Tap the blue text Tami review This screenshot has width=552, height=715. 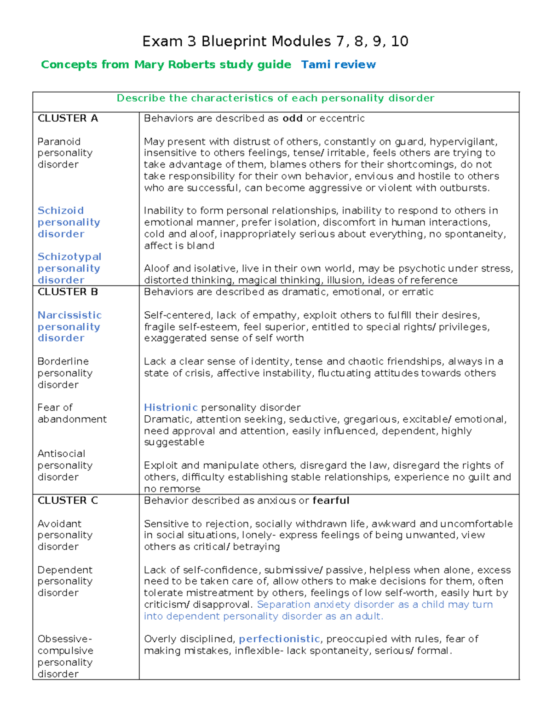pyautogui.click(x=338, y=64)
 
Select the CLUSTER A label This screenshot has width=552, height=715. pyautogui.click(x=68, y=118)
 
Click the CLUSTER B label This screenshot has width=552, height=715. pyautogui.click(x=68, y=292)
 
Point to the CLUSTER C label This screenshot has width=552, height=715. pyautogui.click(x=68, y=500)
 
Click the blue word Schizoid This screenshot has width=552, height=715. pyautogui.click(x=61, y=210)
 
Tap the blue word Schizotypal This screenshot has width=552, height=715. pyautogui.click(x=69, y=256)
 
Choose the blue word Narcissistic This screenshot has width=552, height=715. pyautogui.click(x=69, y=315)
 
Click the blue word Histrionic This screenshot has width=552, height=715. pyautogui.click(x=171, y=407)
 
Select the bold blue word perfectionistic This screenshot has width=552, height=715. pyautogui.click(x=279, y=639)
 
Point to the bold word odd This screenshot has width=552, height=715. pyautogui.click(x=292, y=118)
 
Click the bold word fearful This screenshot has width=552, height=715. pyautogui.click(x=331, y=500)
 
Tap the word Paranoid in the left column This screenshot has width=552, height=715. pyautogui.click(x=59, y=141)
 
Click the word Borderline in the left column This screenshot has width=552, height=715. pyautogui.click(x=63, y=361)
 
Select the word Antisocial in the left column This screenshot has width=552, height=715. pyautogui.click(x=61, y=453)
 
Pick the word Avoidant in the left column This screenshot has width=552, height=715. pyautogui.click(x=59, y=524)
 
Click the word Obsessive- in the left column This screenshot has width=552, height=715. pyautogui.click(x=65, y=639)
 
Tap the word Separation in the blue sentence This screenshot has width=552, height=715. pyautogui.click(x=280, y=605)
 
